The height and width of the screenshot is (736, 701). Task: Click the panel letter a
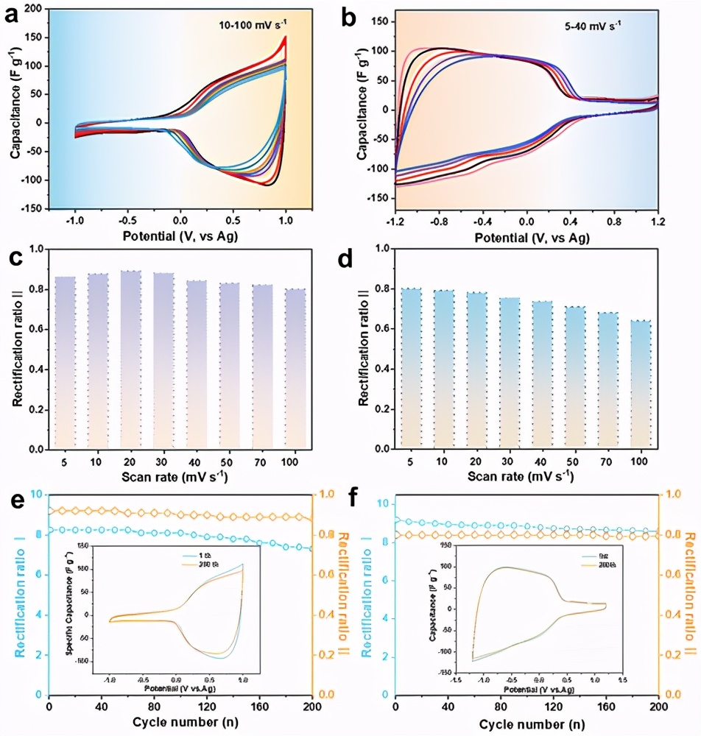[x=13, y=15]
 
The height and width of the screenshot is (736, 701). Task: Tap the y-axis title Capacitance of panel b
[x=362, y=110]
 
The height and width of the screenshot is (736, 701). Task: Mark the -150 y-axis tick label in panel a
[x=31, y=209]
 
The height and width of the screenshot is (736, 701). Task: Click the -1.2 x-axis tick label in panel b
[x=395, y=222]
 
